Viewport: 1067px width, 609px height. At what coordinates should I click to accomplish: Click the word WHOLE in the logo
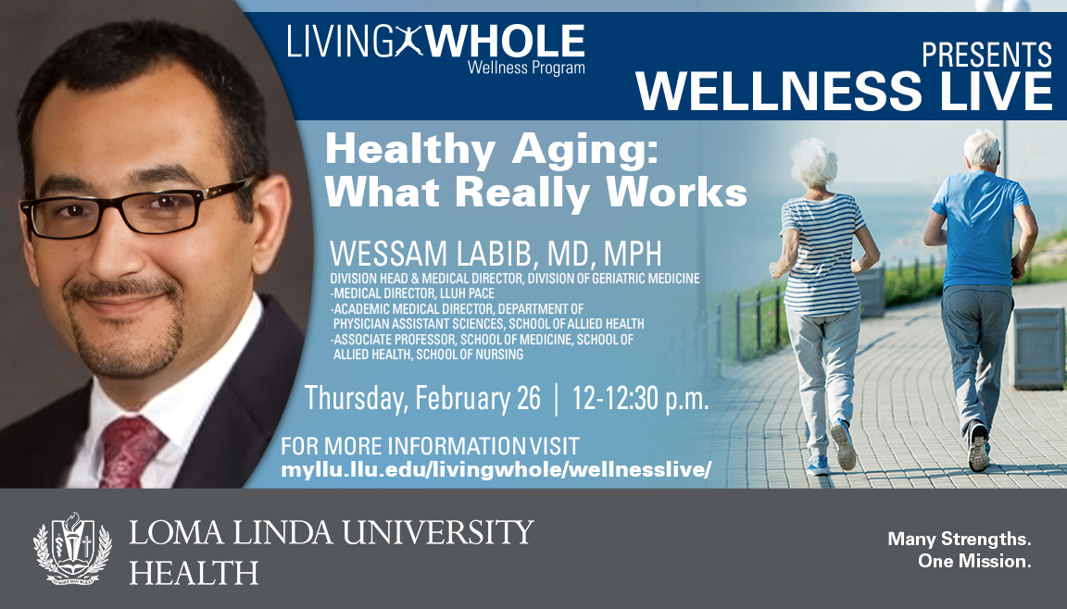tap(506, 42)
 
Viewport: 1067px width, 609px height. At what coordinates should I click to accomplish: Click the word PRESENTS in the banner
tap(986, 55)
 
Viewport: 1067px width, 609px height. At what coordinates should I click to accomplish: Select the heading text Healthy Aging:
tap(491, 150)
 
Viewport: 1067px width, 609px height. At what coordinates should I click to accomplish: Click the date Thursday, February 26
tap(422, 398)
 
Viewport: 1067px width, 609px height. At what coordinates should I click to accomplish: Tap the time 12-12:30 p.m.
tap(640, 398)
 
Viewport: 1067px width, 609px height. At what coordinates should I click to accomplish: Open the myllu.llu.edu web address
tap(496, 469)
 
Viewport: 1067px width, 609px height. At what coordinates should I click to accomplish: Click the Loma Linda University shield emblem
tap(72, 549)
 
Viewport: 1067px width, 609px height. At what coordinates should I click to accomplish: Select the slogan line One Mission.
tap(974, 562)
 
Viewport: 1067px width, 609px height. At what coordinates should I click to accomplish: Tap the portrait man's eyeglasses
tap(133, 208)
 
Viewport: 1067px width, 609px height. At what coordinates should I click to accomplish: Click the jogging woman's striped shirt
tap(822, 255)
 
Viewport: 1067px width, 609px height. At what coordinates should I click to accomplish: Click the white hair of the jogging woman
tap(813, 162)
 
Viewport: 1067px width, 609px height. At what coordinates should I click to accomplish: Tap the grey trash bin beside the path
tap(1039, 348)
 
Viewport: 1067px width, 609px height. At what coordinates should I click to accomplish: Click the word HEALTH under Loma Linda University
tap(194, 572)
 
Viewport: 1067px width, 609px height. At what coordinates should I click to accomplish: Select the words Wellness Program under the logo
tap(526, 68)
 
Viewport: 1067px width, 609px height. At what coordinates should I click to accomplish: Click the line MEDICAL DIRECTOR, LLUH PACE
tap(412, 293)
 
